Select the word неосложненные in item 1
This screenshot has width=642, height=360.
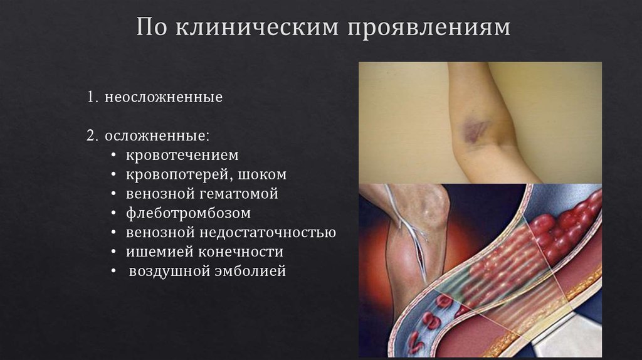[164, 98]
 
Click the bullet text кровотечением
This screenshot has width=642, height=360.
[182, 155]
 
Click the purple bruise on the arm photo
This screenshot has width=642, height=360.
[475, 129]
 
